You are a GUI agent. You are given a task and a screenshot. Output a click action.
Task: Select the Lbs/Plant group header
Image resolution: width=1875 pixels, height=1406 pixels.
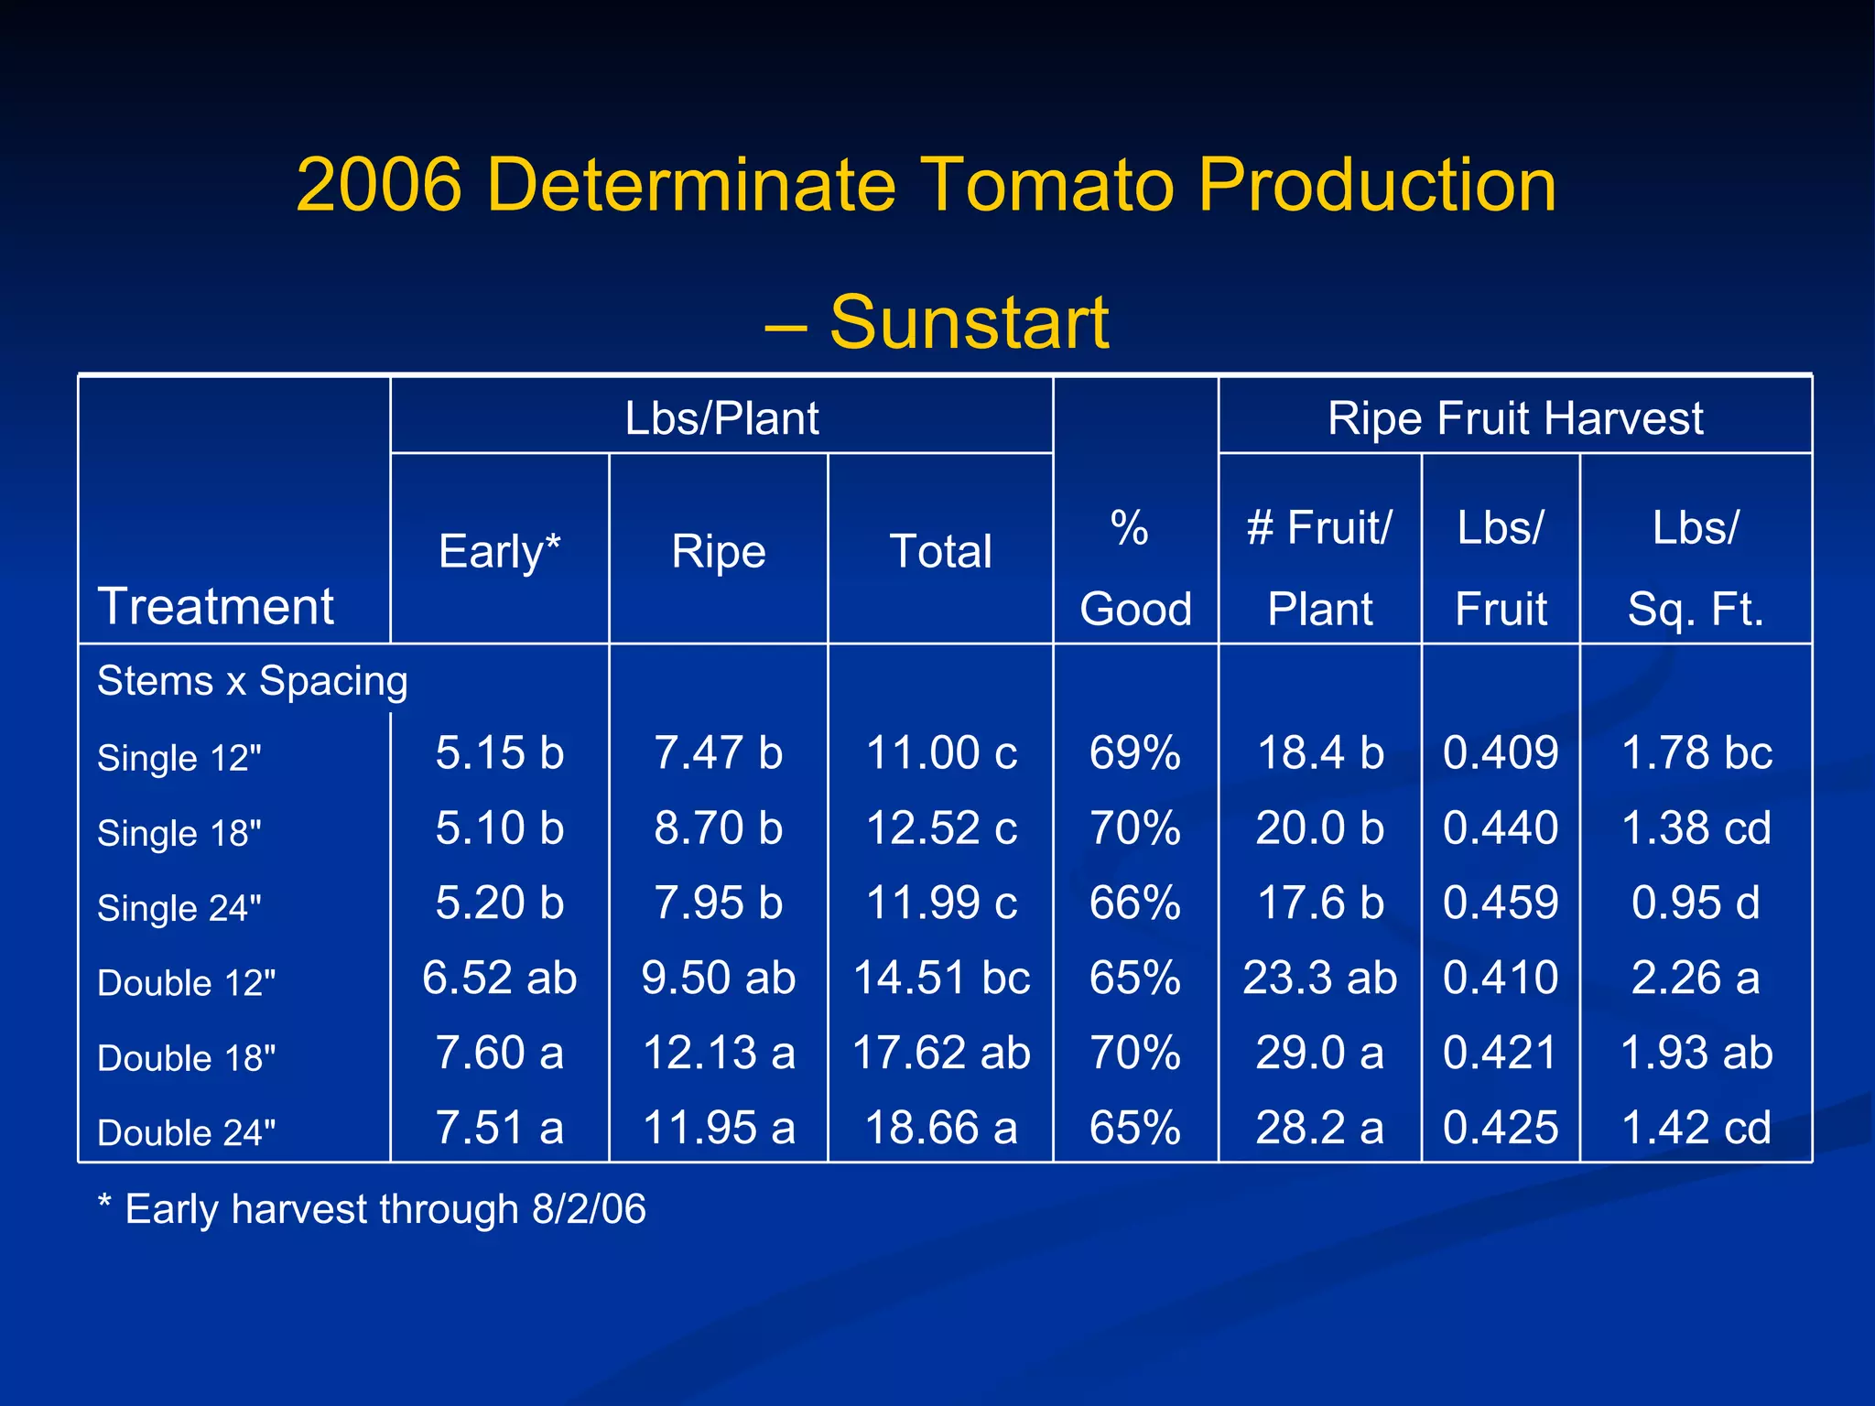click(x=721, y=418)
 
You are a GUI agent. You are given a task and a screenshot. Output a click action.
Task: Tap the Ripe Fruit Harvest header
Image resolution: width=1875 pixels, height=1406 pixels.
click(x=1515, y=418)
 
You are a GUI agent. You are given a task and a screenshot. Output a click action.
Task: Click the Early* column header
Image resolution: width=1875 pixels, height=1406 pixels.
click(x=499, y=551)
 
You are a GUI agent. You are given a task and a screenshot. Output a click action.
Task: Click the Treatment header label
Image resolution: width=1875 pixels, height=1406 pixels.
click(x=216, y=606)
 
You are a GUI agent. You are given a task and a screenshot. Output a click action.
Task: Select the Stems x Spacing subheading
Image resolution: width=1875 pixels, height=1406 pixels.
click(x=253, y=681)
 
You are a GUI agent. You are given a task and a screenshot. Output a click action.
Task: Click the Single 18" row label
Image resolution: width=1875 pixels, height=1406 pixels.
click(x=179, y=833)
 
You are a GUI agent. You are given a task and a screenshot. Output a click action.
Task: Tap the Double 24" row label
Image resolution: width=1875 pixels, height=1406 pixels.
click(x=186, y=1132)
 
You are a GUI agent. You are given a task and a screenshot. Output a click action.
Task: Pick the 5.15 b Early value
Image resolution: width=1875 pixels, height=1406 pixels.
click(x=499, y=752)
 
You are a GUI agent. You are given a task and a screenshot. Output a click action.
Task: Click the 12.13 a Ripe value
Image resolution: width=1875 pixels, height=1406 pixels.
click(x=719, y=1053)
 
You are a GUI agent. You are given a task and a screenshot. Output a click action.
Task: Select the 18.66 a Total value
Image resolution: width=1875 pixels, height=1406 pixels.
click(x=940, y=1128)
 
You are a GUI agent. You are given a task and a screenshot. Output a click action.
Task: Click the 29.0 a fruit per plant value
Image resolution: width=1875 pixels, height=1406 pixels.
click(x=1319, y=1053)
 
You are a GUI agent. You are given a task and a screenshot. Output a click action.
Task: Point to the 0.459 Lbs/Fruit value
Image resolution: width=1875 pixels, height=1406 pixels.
click(x=1500, y=903)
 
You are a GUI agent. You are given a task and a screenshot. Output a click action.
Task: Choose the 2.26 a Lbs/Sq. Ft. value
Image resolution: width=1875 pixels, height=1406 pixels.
click(x=1696, y=978)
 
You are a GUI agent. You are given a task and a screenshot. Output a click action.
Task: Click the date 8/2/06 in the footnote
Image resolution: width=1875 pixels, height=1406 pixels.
click(x=589, y=1209)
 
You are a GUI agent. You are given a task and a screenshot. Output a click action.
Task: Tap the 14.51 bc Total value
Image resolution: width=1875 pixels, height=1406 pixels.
click(x=940, y=978)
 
